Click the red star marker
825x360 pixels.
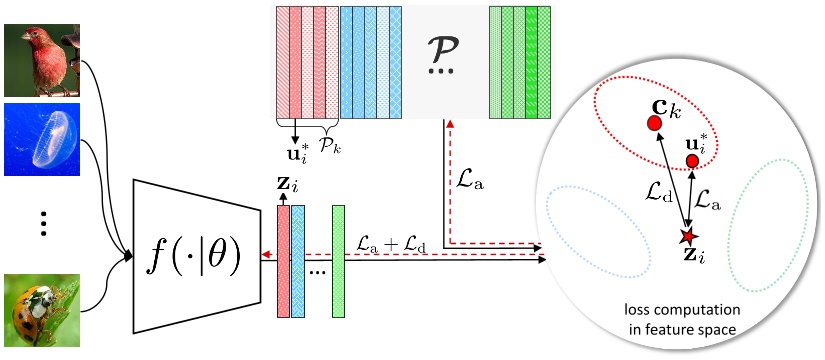pyautogui.click(x=686, y=237)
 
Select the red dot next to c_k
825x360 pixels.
pyautogui.click(x=654, y=123)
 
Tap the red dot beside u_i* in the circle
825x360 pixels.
pyautogui.click(x=692, y=161)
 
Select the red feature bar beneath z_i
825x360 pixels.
pyautogui.click(x=283, y=261)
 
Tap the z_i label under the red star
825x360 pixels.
pyautogui.click(x=688, y=259)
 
